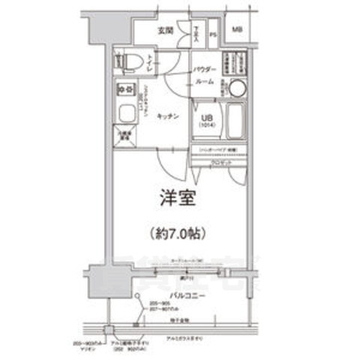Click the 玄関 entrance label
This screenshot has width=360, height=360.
[x=166, y=31]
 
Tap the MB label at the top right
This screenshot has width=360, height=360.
[x=237, y=29]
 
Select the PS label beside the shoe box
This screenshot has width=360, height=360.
[x=213, y=33]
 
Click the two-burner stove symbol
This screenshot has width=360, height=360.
[x=124, y=91]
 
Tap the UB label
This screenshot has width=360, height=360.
[x=207, y=116]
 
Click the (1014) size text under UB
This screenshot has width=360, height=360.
[x=207, y=126]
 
